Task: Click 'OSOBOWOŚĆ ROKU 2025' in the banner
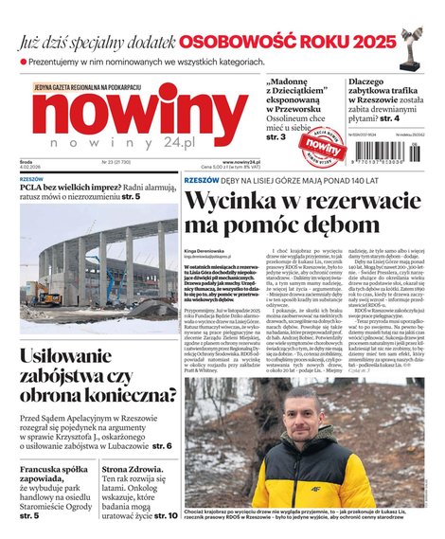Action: point(288,42)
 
